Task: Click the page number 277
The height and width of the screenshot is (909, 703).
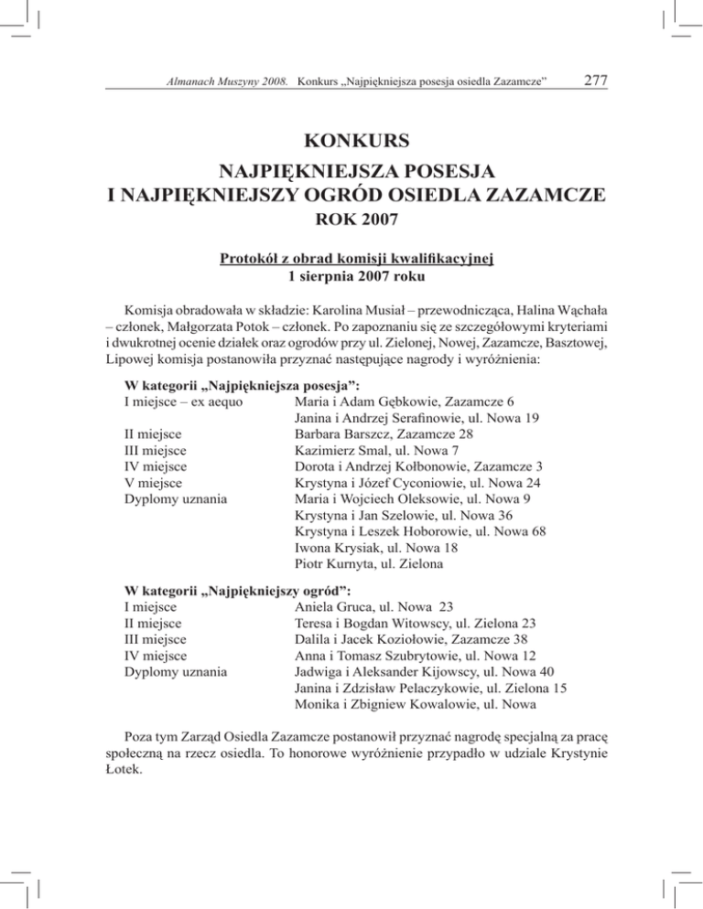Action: click(x=596, y=82)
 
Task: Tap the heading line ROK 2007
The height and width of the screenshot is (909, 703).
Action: click(x=351, y=221)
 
